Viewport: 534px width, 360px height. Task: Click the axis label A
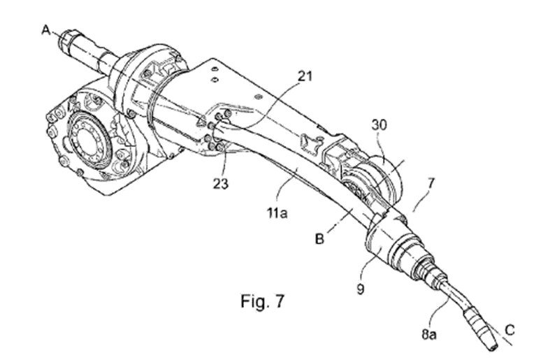(46, 29)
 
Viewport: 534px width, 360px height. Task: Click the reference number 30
(380, 124)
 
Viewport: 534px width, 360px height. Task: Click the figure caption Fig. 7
(262, 302)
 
